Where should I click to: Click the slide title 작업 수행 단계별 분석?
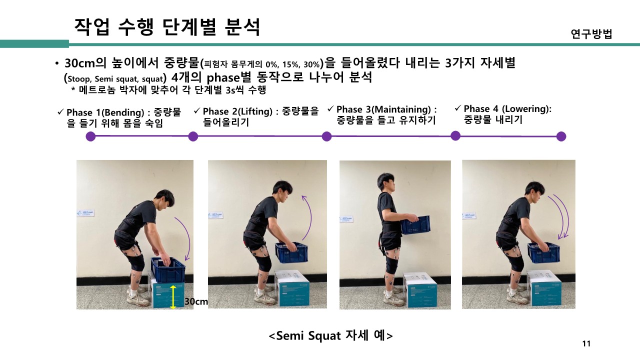tap(167, 27)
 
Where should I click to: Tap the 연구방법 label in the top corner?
tap(591, 33)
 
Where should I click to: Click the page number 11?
tap(586, 343)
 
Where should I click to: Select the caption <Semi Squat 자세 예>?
tap(330, 335)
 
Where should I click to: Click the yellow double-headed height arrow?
tap(173, 297)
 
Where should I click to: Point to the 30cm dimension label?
tap(196, 301)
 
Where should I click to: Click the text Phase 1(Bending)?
tap(105, 112)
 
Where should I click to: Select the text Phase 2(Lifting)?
tap(237, 111)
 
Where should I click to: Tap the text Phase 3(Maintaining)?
tap(383, 109)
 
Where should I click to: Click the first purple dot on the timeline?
tap(90, 136)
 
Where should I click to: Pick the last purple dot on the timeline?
tap(561, 136)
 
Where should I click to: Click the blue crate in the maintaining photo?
tap(415, 225)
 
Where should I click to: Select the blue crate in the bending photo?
tap(167, 269)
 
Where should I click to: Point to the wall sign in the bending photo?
tap(85, 213)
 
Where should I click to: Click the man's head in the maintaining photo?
tap(386, 183)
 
